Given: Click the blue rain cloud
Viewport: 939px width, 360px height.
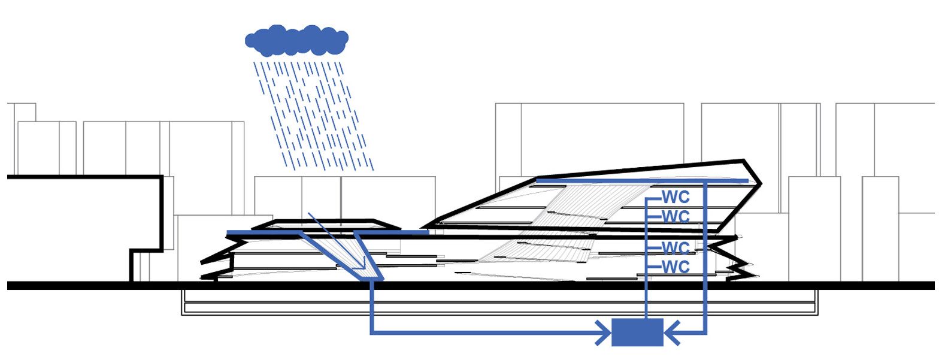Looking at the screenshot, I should (296, 39).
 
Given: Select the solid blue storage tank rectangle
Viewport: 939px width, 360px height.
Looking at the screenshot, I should (637, 332).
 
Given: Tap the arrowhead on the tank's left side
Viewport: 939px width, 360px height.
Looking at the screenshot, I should (603, 332).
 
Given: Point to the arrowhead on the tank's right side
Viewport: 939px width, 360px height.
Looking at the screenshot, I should (672, 332).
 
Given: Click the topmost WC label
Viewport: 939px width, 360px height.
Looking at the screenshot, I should (676, 198).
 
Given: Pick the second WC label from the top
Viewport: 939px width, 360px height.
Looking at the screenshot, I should (676, 216).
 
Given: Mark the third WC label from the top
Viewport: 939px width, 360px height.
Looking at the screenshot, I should (676, 247).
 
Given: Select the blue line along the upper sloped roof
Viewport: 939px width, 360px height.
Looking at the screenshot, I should (641, 180).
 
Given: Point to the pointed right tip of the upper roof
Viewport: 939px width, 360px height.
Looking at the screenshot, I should (759, 183).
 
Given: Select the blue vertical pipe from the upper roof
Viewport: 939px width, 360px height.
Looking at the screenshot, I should (706, 258).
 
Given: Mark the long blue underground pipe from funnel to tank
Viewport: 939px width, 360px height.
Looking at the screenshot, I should (479, 332).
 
